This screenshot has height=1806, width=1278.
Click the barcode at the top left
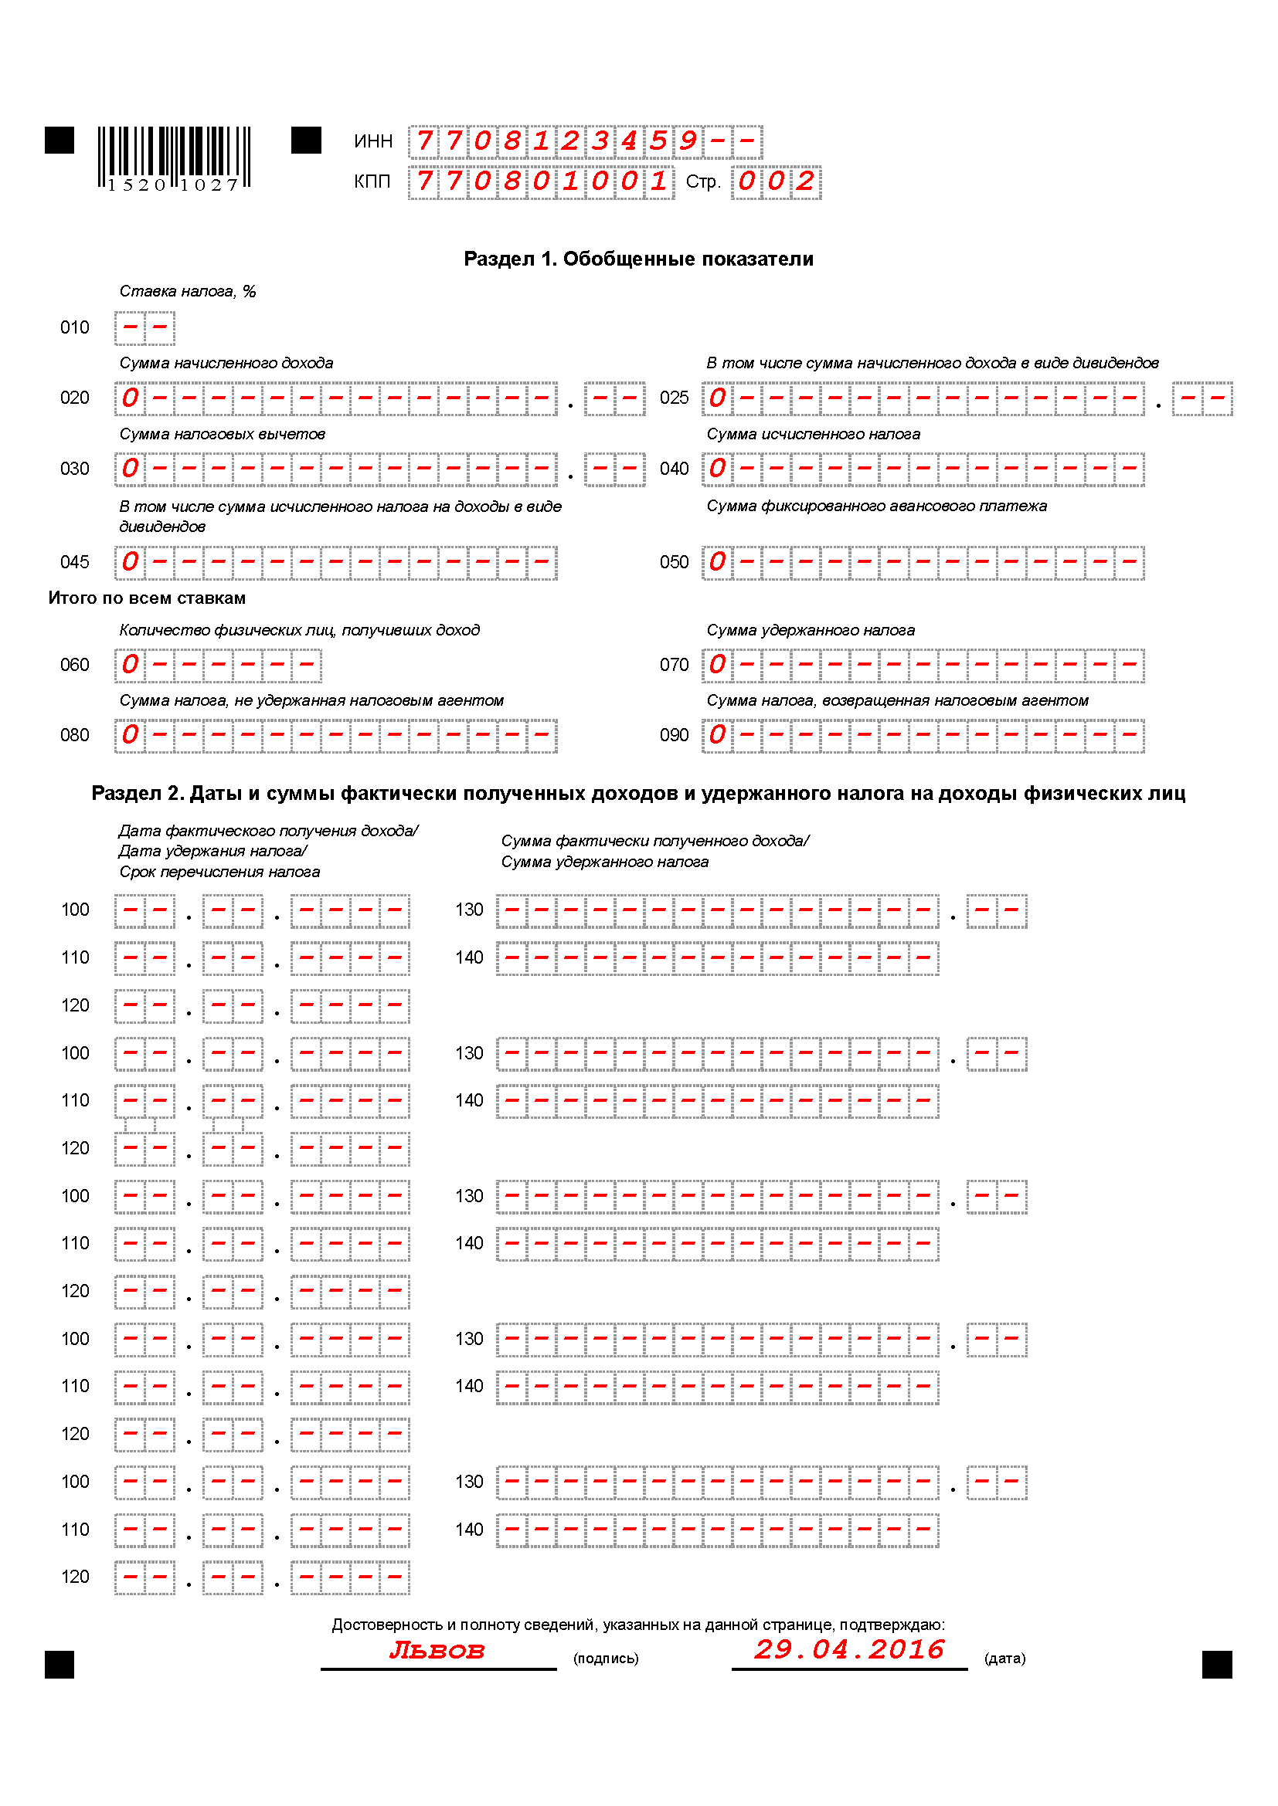(174, 158)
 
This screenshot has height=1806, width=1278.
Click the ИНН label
(373, 141)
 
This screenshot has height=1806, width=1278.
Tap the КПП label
(372, 181)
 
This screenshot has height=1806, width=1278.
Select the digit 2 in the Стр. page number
(805, 181)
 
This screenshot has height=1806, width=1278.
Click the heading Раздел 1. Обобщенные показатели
(638, 259)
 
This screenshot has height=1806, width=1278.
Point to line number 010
(75, 327)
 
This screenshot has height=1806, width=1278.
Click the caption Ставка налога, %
(187, 291)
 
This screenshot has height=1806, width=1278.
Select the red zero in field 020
(130, 398)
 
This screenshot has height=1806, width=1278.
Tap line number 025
(674, 398)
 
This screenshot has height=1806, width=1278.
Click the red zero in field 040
(717, 469)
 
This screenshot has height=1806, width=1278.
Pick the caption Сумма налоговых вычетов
(222, 434)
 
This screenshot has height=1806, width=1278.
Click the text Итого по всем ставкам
(147, 598)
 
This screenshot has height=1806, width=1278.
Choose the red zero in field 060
(130, 665)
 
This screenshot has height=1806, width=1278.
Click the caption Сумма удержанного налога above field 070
(811, 630)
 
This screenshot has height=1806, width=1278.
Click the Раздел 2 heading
(638, 793)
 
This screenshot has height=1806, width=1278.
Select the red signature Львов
(437, 1650)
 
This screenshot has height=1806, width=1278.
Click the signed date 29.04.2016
(848, 1649)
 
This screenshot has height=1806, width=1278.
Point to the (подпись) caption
(606, 1659)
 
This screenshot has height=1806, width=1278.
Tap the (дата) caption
(1005, 1659)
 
